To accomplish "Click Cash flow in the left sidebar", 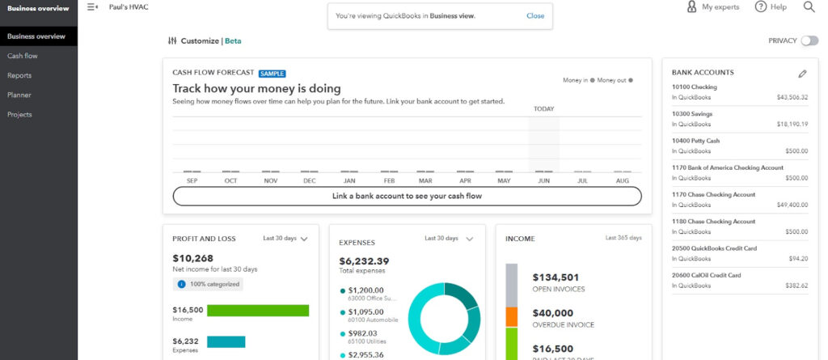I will [x=23, y=56].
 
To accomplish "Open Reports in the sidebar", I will [x=19, y=75].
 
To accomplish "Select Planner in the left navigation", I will [x=19, y=95].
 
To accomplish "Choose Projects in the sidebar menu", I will [x=20, y=114].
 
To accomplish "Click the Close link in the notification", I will [x=535, y=15].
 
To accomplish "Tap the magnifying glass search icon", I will [x=809, y=7].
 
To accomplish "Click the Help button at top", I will [x=771, y=7].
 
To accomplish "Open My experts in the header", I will [x=714, y=7].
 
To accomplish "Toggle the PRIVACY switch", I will [x=809, y=40].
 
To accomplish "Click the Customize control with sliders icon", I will [x=194, y=40].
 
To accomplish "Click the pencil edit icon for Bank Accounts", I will [x=802, y=73].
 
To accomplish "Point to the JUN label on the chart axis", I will [x=543, y=180].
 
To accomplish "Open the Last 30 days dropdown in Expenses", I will [x=449, y=239].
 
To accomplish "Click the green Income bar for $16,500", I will [x=258, y=311].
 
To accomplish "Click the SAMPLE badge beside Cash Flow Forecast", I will [x=272, y=73].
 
